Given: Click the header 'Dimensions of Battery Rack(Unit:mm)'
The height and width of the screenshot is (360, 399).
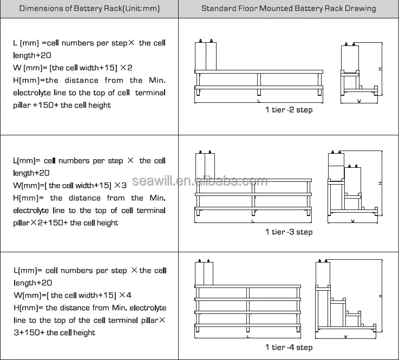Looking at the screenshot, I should tap(89, 9).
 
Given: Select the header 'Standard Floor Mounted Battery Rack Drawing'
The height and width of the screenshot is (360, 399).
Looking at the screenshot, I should tap(289, 9).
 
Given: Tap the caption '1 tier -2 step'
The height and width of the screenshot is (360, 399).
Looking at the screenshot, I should tap(289, 110).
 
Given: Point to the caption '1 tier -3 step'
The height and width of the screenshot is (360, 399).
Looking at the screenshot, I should tap(289, 232).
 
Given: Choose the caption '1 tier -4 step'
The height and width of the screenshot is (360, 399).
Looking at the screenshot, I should tap(289, 348).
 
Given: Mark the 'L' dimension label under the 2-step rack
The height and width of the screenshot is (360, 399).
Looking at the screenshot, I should tap(259, 101).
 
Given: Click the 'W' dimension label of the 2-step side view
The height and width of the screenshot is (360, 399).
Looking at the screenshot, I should tap(359, 101).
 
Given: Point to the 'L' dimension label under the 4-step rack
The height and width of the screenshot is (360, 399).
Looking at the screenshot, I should tap(247, 337).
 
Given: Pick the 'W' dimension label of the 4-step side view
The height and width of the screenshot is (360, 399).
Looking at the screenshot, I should tap(345, 337).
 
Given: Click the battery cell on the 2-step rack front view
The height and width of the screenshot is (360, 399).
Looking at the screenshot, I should tap(206, 56).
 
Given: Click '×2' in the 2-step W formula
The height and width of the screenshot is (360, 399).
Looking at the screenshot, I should tap(126, 68).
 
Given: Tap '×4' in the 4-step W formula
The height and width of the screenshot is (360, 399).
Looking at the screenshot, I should tap(125, 295).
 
